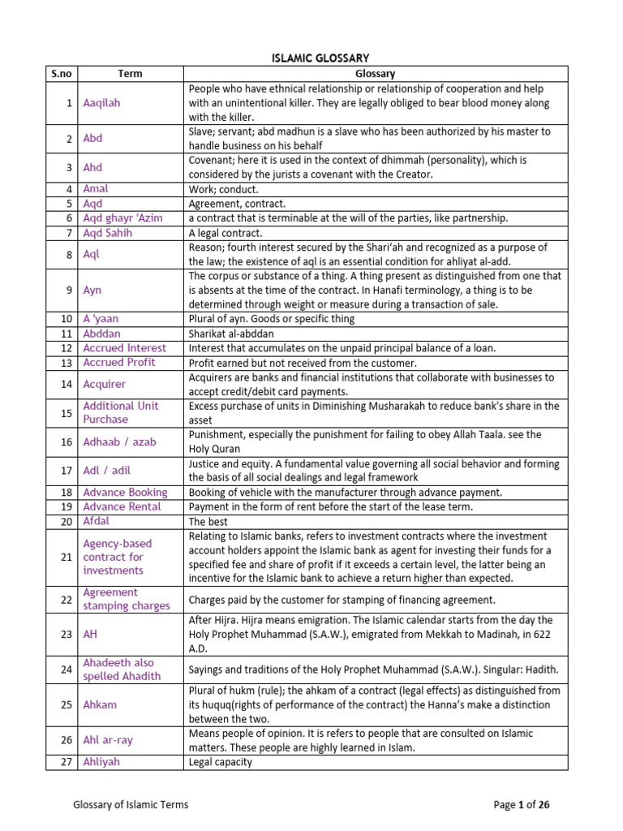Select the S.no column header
click(61, 74)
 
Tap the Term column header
click(130, 74)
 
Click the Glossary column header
click(375, 74)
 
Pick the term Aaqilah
click(101, 103)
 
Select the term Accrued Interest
click(124, 347)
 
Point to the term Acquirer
click(105, 384)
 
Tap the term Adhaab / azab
click(119, 442)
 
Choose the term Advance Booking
click(125, 492)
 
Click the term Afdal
click(96, 521)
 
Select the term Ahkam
click(100, 705)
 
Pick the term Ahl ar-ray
click(108, 740)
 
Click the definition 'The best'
click(208, 522)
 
